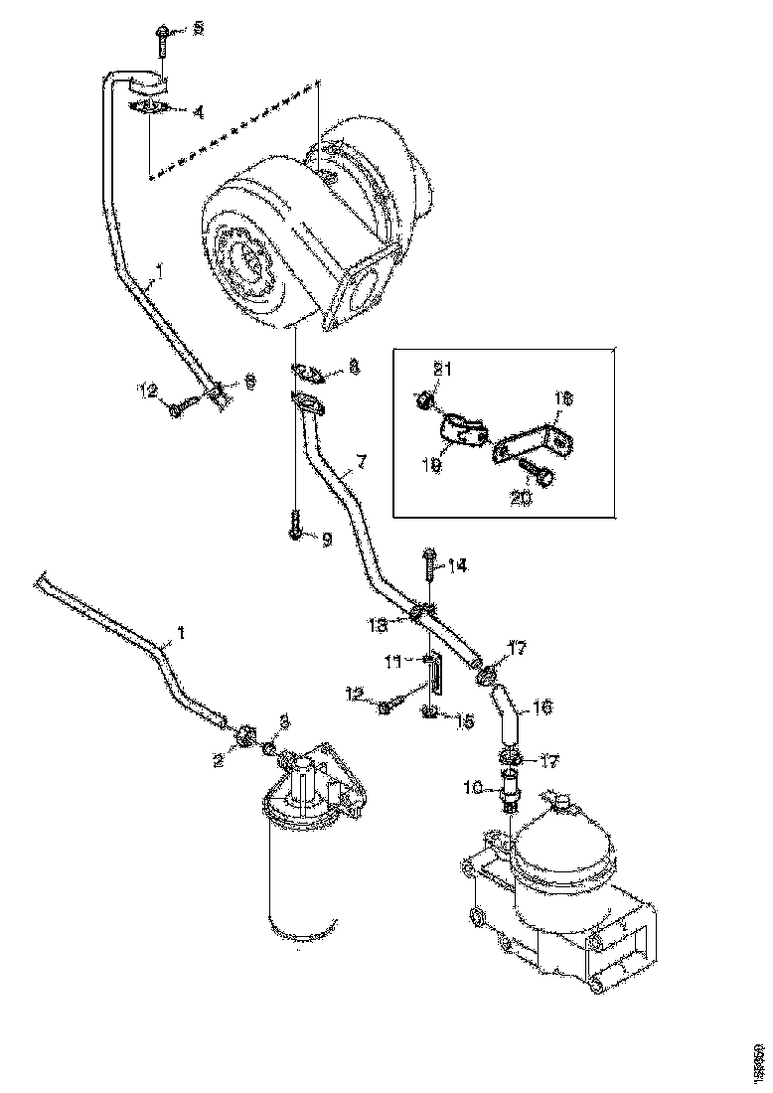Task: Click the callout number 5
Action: [198, 29]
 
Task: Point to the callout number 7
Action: [362, 461]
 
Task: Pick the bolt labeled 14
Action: [428, 565]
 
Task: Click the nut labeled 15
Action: [429, 711]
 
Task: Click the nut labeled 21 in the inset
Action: [423, 400]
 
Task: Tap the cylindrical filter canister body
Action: [298, 874]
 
